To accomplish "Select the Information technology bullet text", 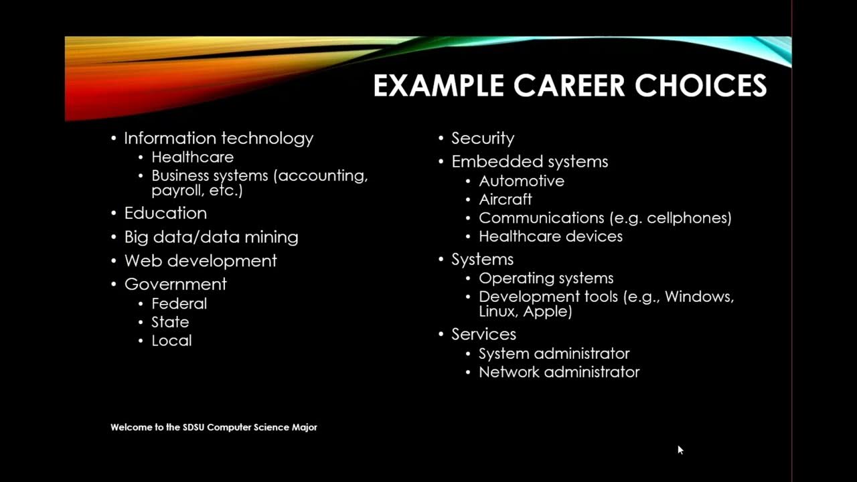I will pos(218,139).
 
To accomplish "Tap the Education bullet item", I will pos(165,214).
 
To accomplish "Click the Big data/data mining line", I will pos(211,237).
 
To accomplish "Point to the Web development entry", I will pos(200,260).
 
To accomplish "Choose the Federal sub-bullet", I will pos(179,303).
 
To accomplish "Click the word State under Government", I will pos(170,322).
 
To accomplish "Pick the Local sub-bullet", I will pos(171,341).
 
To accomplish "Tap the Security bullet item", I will pos(483,139).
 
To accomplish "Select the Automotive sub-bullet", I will pos(522,181).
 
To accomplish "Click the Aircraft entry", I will pos(505,199).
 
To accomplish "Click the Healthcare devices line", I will pos(550,236).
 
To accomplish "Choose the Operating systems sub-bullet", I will pos(546,278).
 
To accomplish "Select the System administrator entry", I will pos(554,353).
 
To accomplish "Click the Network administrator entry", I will pos(559,372).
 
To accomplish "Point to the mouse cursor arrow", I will pos(680,450).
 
